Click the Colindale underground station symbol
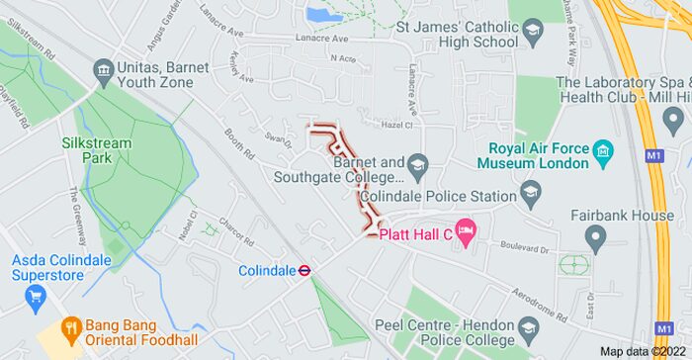(306, 270)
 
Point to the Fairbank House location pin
(594, 237)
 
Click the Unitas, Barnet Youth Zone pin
(102, 69)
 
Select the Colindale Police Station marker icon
(531, 192)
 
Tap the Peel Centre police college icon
(531, 330)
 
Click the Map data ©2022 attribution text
(643, 351)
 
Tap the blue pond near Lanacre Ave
(323, 15)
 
